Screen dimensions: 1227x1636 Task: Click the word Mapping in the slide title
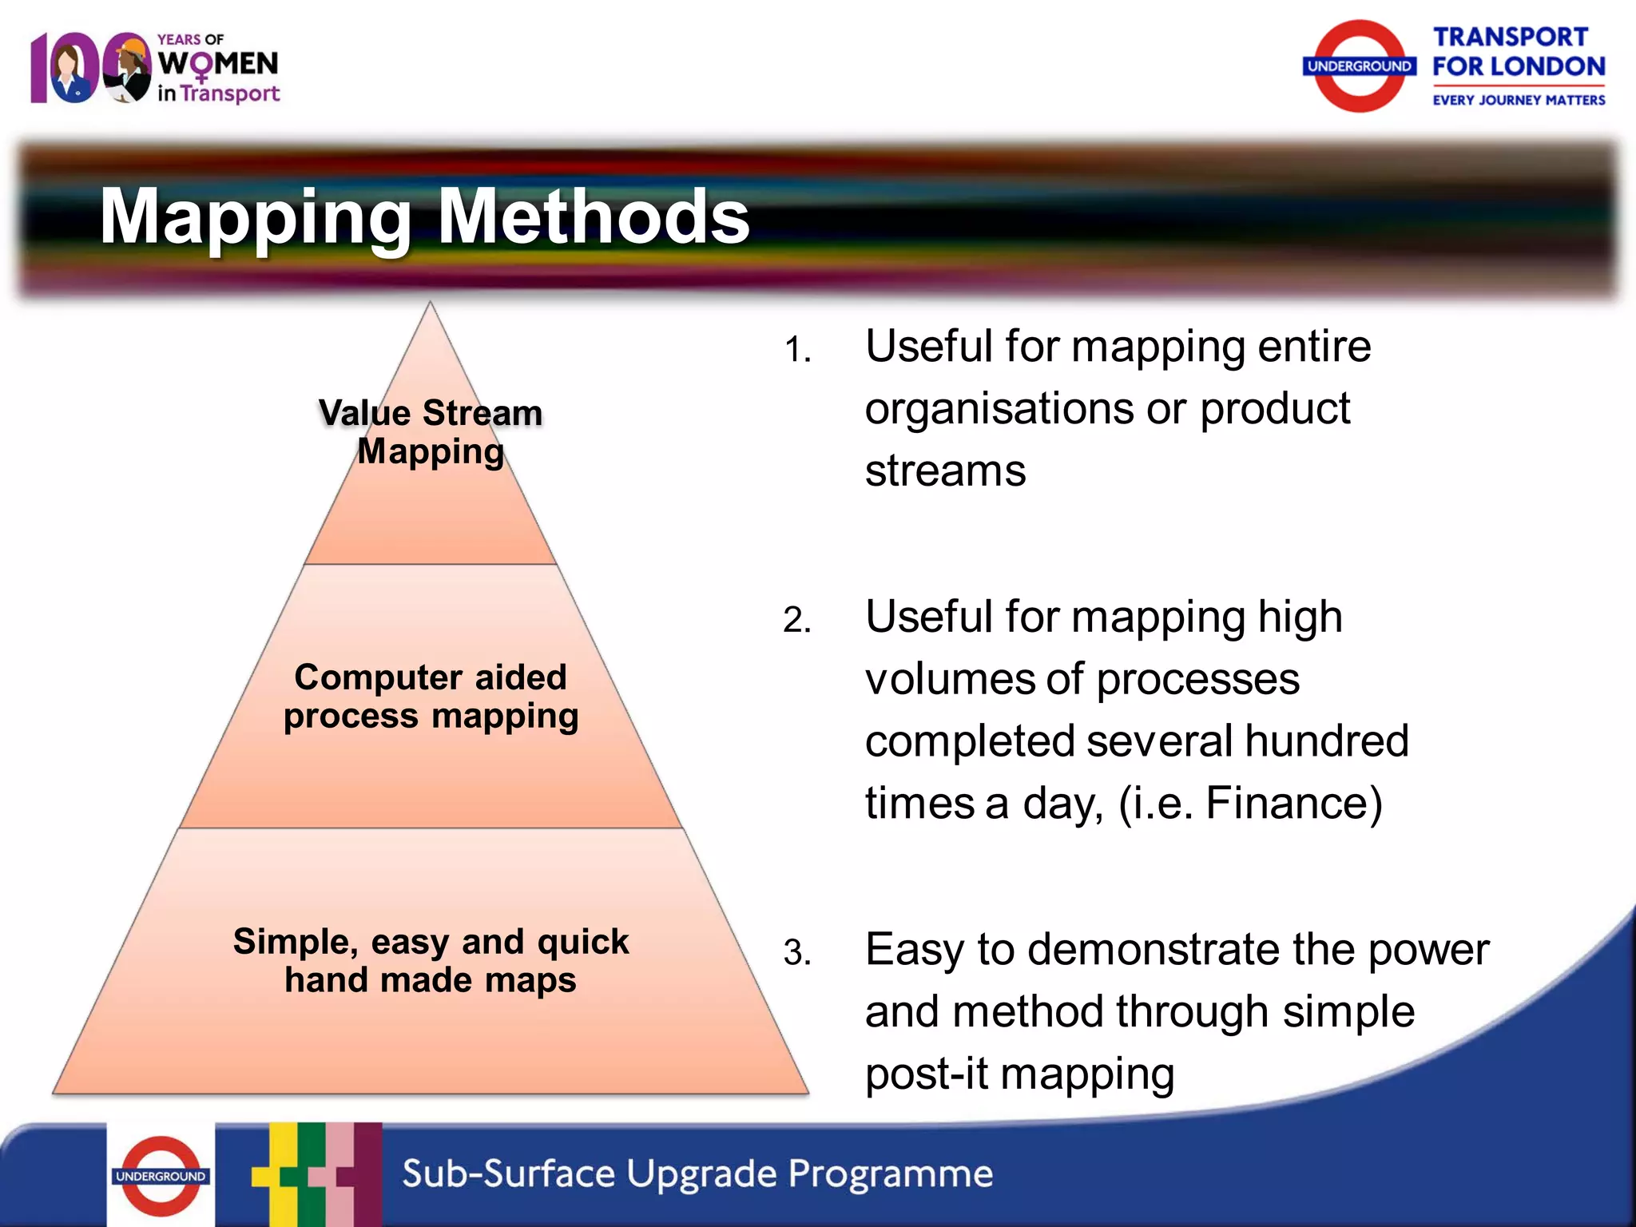point(256,217)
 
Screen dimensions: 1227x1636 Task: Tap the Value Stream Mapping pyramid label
point(431,432)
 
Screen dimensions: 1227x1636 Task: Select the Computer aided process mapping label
point(431,696)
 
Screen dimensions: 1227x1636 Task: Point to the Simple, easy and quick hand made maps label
point(431,960)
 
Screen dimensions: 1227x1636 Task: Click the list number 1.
point(797,350)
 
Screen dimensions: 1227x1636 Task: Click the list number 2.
point(797,620)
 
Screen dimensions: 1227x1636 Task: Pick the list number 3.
point(797,952)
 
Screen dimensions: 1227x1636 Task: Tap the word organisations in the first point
point(999,410)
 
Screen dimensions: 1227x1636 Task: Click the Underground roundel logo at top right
point(1359,66)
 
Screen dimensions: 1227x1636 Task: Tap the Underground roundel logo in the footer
point(161,1176)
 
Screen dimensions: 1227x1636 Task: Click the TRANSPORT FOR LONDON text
point(1518,52)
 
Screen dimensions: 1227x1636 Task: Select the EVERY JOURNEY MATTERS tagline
point(1518,101)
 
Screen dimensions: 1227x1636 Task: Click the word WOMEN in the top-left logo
point(218,64)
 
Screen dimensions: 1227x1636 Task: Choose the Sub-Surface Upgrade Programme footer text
point(697,1174)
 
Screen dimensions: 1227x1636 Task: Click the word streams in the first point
point(945,471)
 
